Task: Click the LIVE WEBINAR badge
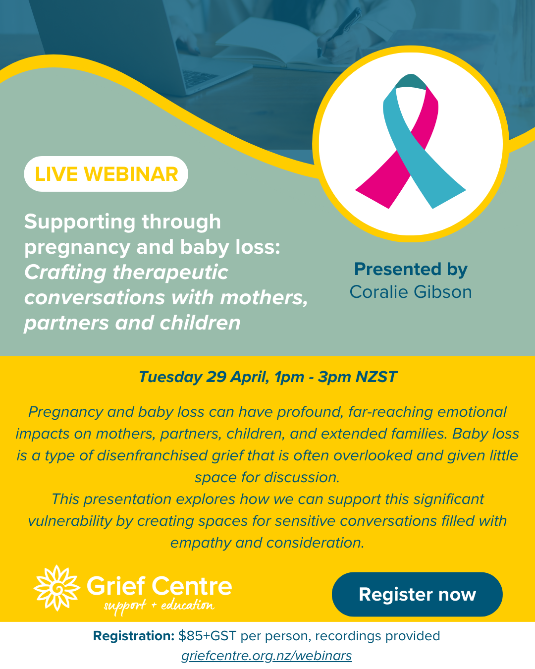click(x=106, y=174)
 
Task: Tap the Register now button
click(x=417, y=594)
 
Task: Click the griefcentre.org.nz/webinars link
click(x=267, y=656)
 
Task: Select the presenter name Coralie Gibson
click(x=411, y=292)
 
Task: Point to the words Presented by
click(x=411, y=269)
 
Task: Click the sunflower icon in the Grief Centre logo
click(x=57, y=588)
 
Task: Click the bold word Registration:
click(x=134, y=636)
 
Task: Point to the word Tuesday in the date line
click(x=170, y=377)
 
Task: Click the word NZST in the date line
click(x=376, y=377)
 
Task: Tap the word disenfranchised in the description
click(x=152, y=455)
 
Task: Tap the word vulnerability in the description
click(x=70, y=521)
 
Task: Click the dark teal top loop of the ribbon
click(x=411, y=82)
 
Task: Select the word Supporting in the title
click(x=80, y=223)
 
